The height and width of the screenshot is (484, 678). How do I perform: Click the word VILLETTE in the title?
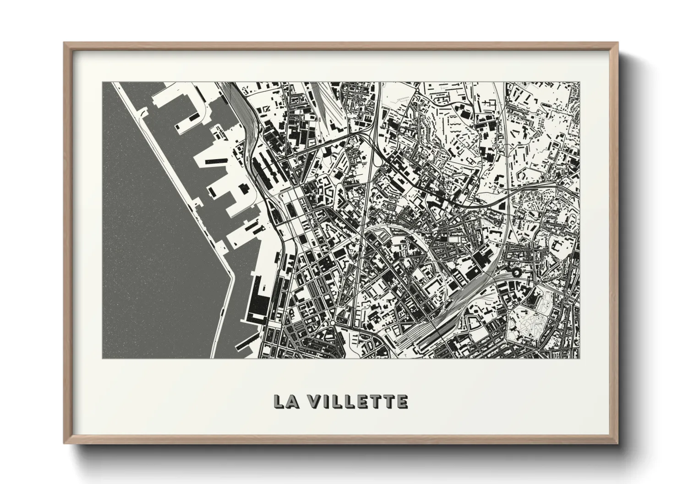point(357,401)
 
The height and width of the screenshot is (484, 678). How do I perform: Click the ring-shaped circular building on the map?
point(517,273)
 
